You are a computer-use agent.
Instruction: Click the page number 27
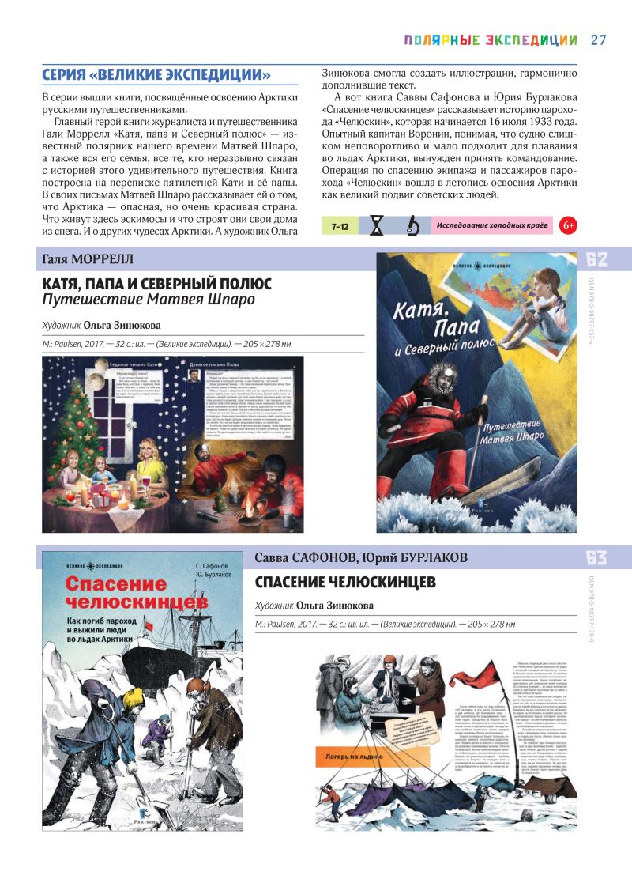(x=598, y=40)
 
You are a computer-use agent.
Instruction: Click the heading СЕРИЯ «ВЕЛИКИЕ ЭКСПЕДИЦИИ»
(x=156, y=75)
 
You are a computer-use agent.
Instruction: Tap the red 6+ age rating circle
(x=567, y=226)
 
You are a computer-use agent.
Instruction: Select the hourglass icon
(x=376, y=226)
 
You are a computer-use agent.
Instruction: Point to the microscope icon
(x=412, y=226)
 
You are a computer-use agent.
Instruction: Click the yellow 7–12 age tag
(x=340, y=226)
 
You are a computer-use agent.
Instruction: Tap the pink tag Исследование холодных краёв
(x=491, y=226)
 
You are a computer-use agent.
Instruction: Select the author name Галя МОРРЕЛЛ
(x=87, y=259)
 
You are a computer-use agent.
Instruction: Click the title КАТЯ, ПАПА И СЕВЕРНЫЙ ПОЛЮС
(x=156, y=283)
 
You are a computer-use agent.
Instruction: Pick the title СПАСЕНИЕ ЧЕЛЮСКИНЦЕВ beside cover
(x=345, y=583)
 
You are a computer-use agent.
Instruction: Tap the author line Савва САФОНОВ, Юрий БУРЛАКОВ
(x=361, y=558)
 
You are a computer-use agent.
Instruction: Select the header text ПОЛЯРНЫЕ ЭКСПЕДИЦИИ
(x=491, y=40)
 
